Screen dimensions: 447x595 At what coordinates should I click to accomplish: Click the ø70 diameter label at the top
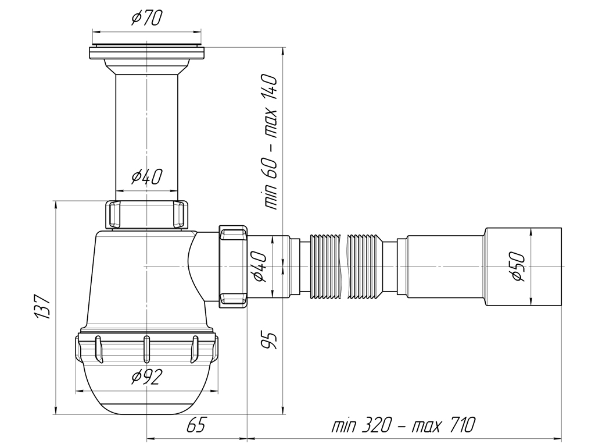[146, 19]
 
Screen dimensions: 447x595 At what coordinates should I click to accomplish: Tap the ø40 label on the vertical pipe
[146, 176]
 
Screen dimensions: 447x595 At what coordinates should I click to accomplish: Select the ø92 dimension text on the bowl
[146, 378]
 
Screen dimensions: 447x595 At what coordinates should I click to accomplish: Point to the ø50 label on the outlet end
[517, 267]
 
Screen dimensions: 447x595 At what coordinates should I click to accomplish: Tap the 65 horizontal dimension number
[196, 426]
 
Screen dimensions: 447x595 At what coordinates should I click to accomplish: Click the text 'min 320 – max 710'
[403, 426]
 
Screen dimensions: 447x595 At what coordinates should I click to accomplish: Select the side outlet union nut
[234, 265]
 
